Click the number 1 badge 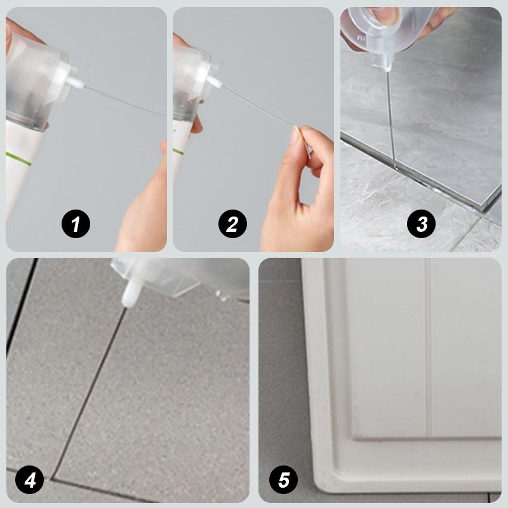coord(76,224)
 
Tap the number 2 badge coord(232,224)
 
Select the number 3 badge coord(421,224)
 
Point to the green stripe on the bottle coord(19,158)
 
